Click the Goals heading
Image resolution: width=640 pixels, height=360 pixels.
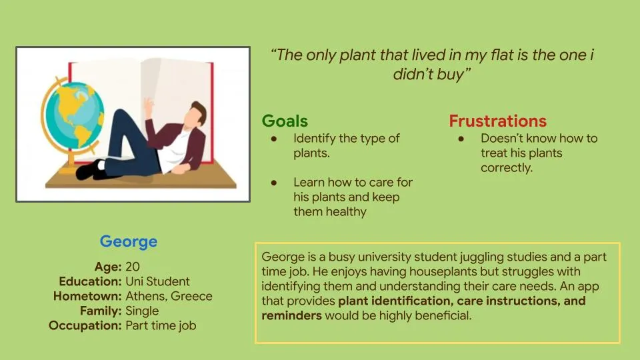coord(285,121)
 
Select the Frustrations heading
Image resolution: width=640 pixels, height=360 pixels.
coord(497,121)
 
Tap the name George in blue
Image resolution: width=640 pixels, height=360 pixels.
coord(129,241)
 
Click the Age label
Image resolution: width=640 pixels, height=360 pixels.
coord(108,267)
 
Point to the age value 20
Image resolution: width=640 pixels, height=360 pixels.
coord(133,267)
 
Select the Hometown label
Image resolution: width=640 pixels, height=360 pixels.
coord(87,296)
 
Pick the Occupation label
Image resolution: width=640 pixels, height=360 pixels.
coord(85,325)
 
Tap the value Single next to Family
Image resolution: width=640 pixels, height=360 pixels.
coord(142,311)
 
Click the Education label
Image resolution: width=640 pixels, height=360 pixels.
coord(90,281)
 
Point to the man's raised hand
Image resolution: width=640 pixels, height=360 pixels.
coord(149,106)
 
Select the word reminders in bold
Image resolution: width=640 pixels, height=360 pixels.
coord(292,315)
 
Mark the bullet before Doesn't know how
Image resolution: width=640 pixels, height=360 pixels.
coord(461,139)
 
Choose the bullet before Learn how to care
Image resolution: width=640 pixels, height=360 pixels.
coord(274,183)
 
